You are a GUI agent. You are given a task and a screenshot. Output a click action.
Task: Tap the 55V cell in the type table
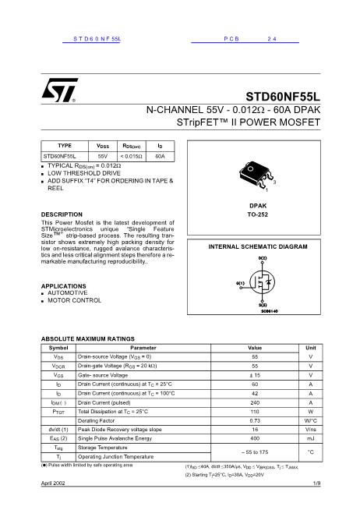click(102, 156)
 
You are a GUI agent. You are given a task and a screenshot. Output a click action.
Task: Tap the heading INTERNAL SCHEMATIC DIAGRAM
click(258, 246)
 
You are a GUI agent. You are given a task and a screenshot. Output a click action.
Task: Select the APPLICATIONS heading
click(64, 286)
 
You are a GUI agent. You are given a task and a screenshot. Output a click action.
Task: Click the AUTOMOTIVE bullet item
click(72, 293)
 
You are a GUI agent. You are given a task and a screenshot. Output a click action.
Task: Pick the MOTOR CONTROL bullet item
click(75, 300)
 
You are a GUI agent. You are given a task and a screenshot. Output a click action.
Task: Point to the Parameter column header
click(143, 347)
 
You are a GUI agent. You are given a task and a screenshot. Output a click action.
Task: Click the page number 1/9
click(316, 483)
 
